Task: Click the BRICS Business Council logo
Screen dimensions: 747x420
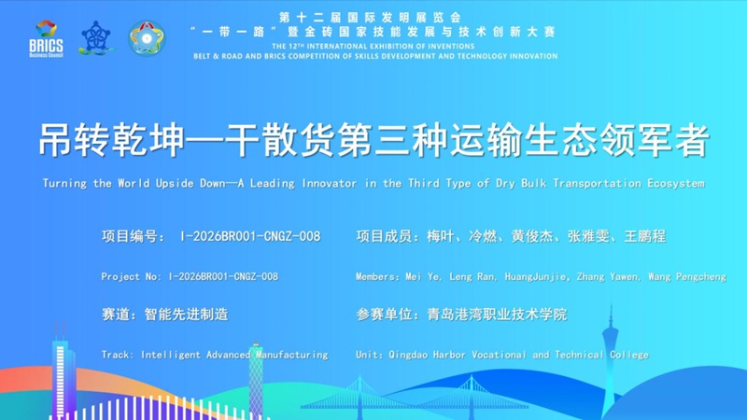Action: click(x=46, y=38)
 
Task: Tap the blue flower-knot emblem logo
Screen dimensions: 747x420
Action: click(x=96, y=38)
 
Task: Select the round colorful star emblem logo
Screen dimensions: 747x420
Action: click(x=147, y=38)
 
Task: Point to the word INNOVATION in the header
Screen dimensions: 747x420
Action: click(x=533, y=56)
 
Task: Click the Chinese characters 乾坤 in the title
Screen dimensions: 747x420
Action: click(x=148, y=140)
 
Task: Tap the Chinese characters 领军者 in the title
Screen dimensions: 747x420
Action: click(x=655, y=140)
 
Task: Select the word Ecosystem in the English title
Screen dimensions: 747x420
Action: click(x=675, y=183)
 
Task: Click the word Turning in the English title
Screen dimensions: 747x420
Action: click(x=64, y=183)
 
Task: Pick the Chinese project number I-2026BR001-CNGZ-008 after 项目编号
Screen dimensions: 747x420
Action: click(x=250, y=236)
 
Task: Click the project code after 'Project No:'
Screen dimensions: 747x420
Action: click(x=224, y=276)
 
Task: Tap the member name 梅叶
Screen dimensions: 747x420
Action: click(x=441, y=236)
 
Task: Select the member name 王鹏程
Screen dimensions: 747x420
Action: click(x=645, y=236)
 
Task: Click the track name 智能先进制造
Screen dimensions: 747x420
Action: click(x=186, y=315)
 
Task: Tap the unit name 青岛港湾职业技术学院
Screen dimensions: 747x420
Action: click(x=497, y=315)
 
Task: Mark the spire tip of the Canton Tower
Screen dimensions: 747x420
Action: click(x=612, y=305)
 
